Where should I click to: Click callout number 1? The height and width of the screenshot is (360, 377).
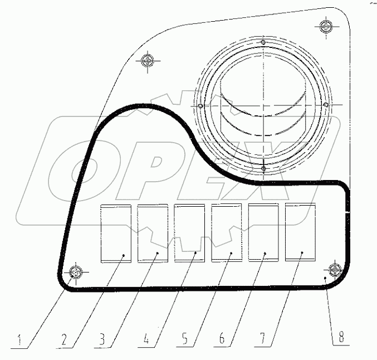coord(21,338)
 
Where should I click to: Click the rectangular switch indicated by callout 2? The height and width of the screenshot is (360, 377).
coord(115,233)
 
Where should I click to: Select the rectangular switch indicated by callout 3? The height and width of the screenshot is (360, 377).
coord(152,233)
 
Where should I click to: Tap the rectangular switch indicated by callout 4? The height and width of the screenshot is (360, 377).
coord(189,233)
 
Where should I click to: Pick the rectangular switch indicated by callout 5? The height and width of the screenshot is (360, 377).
coord(226,233)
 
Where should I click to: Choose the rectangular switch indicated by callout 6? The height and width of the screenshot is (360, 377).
coord(263,233)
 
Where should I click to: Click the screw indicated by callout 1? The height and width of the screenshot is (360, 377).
coord(76,273)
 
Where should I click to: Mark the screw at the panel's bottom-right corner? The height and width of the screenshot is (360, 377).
coord(335,270)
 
